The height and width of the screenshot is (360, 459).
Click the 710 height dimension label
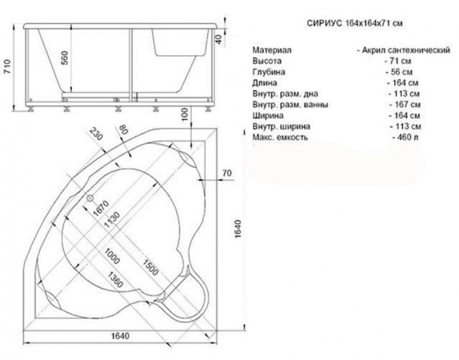pos(6,66)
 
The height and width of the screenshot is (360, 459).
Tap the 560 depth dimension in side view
pos(65,58)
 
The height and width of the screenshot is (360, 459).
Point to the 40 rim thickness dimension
pos(219,39)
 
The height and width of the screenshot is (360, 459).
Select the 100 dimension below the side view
pos(185,114)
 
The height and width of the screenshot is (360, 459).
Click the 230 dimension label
pos(96,134)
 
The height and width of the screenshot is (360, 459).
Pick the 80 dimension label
pos(123,129)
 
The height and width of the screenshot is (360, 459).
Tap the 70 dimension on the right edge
pos(226,173)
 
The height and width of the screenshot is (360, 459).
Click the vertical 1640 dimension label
pos(237,229)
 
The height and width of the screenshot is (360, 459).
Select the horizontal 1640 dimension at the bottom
pos(120,336)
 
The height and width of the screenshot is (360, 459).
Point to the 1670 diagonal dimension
pos(101,208)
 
